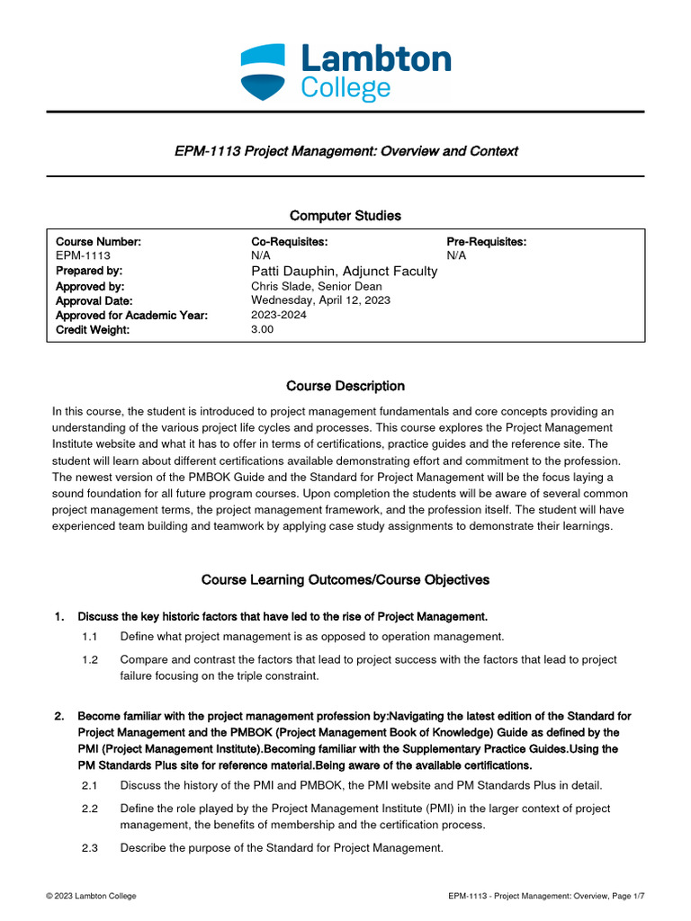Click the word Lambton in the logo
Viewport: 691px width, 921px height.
375,60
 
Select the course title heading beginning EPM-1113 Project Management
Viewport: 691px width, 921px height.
345,151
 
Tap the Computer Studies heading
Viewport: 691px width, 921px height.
345,216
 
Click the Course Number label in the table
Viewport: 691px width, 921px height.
98,242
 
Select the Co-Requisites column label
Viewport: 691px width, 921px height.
289,242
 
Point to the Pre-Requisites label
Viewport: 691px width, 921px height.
486,242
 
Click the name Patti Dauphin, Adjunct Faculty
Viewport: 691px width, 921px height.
344,271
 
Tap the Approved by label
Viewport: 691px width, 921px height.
89,286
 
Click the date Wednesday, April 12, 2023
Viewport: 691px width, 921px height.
320,300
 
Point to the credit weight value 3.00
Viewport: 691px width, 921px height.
262,330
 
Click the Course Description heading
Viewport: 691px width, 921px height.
345,386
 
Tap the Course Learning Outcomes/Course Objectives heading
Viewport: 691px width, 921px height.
345,580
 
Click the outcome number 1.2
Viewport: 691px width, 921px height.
89,660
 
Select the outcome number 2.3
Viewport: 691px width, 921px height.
89,847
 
